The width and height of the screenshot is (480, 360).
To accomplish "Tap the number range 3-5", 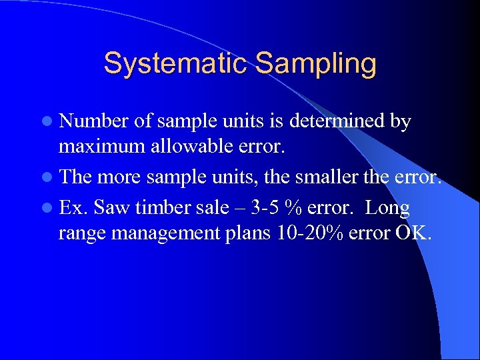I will coord(263,208).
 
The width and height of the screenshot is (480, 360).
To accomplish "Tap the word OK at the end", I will coord(417,234).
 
